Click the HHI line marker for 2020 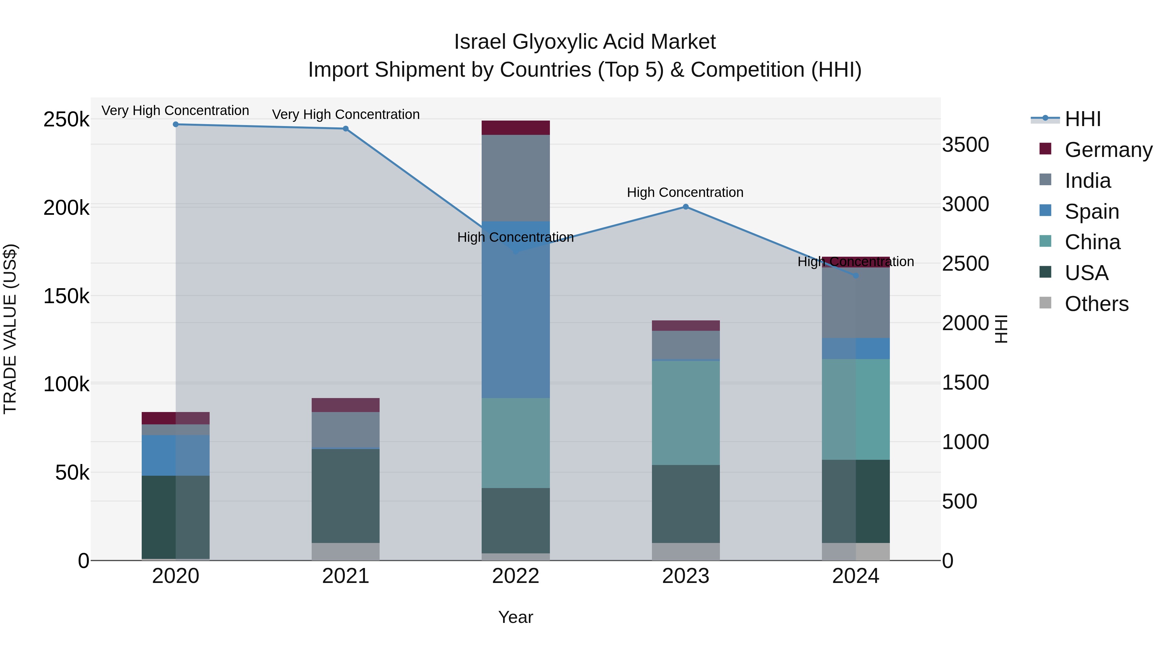point(176,124)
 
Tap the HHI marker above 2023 point(686,207)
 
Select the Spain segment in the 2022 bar point(515,318)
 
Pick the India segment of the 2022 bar point(515,178)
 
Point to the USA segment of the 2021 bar point(346,496)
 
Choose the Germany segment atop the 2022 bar point(515,128)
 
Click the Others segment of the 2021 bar point(346,552)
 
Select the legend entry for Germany point(1108,150)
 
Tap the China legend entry point(1092,242)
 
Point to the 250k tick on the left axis point(66,120)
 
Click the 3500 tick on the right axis point(965,145)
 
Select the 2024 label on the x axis point(856,576)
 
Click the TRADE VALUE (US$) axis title point(10,329)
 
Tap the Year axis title point(515,617)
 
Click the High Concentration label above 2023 point(685,193)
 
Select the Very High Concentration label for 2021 point(346,114)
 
